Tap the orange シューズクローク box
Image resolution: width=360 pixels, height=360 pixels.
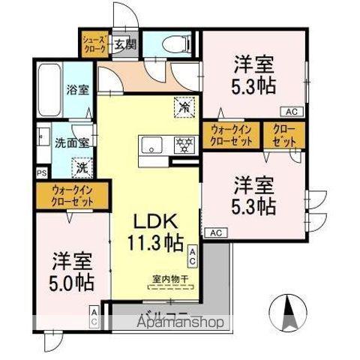coord(94,43)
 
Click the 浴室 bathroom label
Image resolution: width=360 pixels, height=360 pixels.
coord(77,88)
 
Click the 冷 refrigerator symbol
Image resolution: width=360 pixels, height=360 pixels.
coord(183,108)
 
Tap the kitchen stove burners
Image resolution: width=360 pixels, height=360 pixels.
coord(183,145)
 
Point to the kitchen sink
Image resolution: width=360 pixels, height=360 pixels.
coord(151,145)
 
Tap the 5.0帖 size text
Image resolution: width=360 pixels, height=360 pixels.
coord(72,284)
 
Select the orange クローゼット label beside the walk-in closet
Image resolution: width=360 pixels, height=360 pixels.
coord(283,136)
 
